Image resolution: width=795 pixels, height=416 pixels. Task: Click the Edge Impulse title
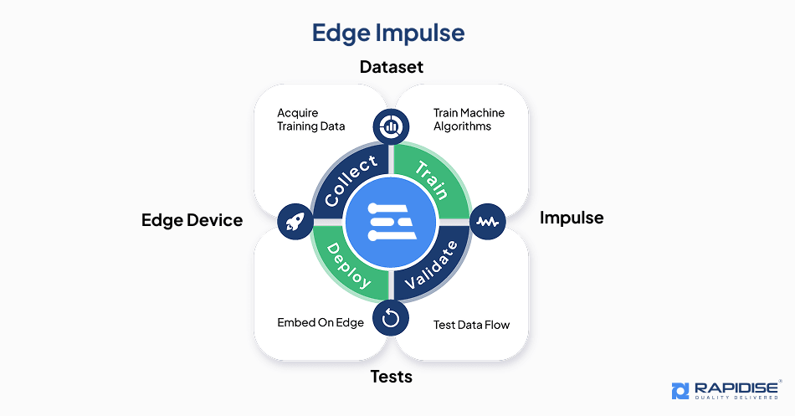tap(387, 33)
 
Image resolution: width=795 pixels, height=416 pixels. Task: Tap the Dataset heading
tap(392, 67)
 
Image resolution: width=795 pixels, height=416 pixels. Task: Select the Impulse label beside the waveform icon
tap(571, 218)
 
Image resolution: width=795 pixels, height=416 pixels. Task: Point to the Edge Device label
tap(192, 220)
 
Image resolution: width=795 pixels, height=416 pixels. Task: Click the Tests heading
tap(392, 377)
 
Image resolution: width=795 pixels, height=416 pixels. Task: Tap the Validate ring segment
tap(432, 264)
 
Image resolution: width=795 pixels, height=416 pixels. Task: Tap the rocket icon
tap(295, 221)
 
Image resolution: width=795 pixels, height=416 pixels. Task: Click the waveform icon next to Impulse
tap(488, 222)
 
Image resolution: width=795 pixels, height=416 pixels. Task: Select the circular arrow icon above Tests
tap(391, 317)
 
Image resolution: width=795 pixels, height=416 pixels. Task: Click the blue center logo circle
tap(391, 222)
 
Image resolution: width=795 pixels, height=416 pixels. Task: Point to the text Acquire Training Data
tap(310, 120)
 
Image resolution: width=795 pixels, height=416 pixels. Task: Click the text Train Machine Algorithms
tap(469, 120)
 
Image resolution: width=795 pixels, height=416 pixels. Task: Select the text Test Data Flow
tap(471, 325)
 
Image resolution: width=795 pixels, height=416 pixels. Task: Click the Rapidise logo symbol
tap(681, 390)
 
